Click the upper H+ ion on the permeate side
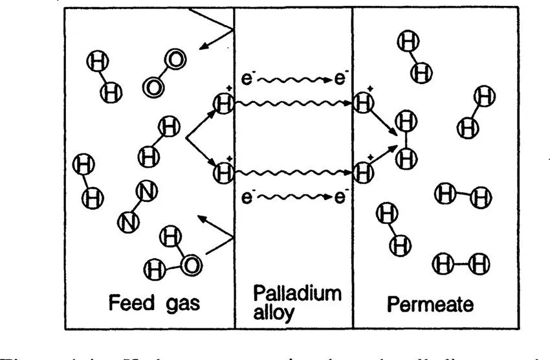pos(364,102)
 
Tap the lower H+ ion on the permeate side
pos(364,173)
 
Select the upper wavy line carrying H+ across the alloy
pos(294,103)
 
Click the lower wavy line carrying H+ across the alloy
pos(294,173)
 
